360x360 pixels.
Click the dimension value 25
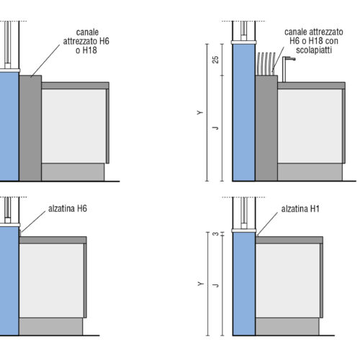[x=216, y=60]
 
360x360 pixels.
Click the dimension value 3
[x=216, y=233]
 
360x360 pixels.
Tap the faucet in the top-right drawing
[x=287, y=68]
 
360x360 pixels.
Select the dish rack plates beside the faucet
[x=266, y=63]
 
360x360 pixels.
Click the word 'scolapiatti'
[x=314, y=50]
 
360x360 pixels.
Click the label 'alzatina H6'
[x=68, y=209]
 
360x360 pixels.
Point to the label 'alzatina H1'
[x=300, y=209]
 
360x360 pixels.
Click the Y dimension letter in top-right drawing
[x=200, y=112]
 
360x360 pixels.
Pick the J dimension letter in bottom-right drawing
[x=216, y=285]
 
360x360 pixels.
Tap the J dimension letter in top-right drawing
[x=216, y=127]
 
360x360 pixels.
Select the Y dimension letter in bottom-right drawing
[x=200, y=284]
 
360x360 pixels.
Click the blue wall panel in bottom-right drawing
[x=244, y=284]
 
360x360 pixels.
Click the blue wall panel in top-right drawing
[x=244, y=112]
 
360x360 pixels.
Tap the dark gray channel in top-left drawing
[x=30, y=128]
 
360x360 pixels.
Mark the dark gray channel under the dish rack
[x=266, y=128]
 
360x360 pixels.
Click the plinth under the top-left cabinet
[x=73, y=172]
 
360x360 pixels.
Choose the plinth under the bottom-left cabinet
[x=51, y=327]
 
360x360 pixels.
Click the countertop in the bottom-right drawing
[x=289, y=240]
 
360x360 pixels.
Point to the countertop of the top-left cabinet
[x=76, y=86]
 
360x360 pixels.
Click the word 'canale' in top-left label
[x=87, y=32]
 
